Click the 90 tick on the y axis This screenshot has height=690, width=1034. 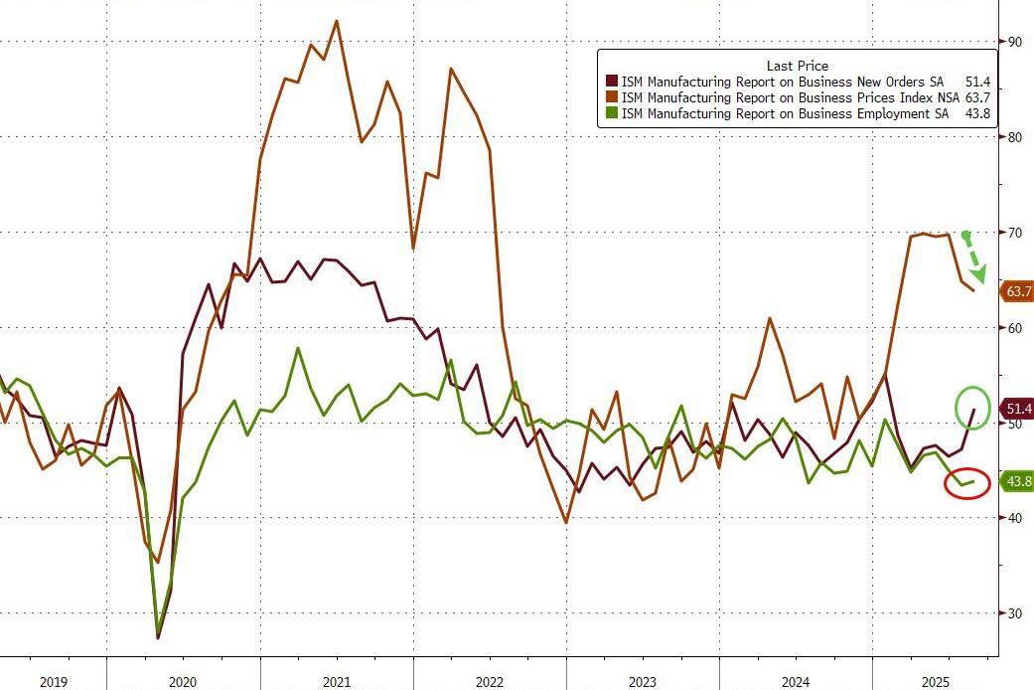(x=1014, y=42)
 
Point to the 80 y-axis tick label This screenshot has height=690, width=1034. (x=1014, y=137)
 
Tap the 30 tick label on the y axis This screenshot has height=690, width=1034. (x=1014, y=613)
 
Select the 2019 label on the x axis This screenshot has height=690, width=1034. (x=53, y=681)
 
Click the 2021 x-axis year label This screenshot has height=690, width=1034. (x=337, y=681)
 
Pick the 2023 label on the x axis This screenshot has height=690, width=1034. (x=643, y=681)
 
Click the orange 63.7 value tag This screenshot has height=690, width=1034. (x=1018, y=291)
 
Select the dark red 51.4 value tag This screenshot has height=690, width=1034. (x=1018, y=409)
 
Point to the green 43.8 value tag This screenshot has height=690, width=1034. (x=1018, y=482)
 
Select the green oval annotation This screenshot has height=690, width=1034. (x=973, y=408)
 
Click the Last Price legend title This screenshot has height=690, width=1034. (x=797, y=66)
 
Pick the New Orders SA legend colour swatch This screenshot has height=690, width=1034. (x=611, y=82)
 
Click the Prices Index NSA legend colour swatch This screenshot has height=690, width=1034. (x=611, y=97)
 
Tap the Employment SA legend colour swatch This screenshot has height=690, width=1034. (x=611, y=114)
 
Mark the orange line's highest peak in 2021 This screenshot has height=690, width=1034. (x=337, y=21)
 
